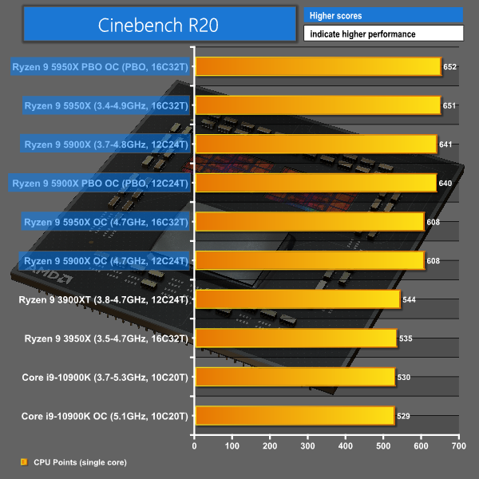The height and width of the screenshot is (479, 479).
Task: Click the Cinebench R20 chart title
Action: point(157,25)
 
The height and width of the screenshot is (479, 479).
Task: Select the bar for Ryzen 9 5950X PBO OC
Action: point(317,66)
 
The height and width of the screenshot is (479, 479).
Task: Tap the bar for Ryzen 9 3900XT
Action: point(297,299)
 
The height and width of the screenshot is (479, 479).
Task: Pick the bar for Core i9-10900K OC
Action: point(294,416)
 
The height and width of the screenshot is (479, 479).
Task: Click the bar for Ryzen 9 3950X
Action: point(295,338)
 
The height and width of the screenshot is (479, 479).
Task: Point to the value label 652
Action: point(449,67)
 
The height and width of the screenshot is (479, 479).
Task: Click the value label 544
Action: point(409,300)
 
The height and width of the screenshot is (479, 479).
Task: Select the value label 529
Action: point(403,417)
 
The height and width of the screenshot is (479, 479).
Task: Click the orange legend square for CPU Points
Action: point(22,462)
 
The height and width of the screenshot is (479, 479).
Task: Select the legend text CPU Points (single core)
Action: point(79,462)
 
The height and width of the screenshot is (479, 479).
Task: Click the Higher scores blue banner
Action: point(383,16)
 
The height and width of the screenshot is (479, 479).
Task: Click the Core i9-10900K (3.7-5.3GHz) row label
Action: point(105,378)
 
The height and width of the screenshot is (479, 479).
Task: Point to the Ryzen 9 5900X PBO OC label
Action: point(101,184)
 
